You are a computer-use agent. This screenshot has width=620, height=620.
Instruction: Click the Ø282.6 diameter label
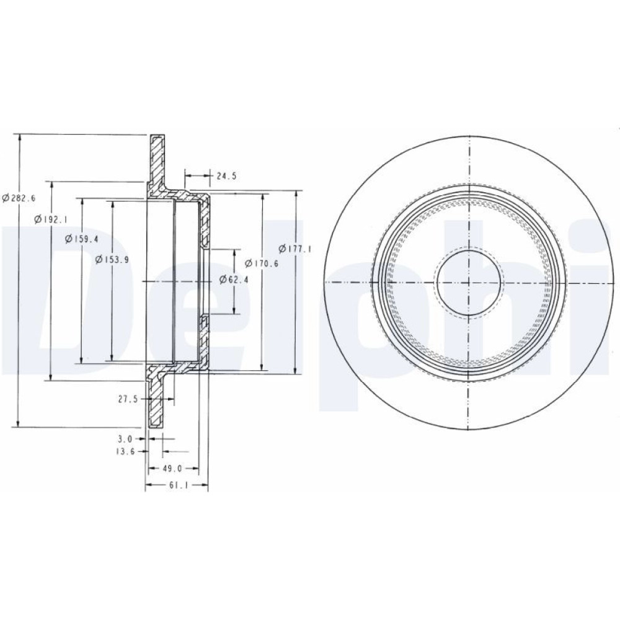click(x=19, y=198)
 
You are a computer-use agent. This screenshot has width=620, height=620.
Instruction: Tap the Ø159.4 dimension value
click(x=81, y=239)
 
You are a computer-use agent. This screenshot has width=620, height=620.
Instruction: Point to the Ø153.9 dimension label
click(x=112, y=259)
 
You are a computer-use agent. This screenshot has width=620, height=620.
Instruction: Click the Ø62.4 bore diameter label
click(x=234, y=279)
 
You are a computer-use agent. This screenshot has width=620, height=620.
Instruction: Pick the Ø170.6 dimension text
click(x=262, y=263)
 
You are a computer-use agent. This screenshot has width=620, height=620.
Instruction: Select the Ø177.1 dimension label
click(x=295, y=249)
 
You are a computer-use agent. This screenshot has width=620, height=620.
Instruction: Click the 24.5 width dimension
click(x=226, y=176)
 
